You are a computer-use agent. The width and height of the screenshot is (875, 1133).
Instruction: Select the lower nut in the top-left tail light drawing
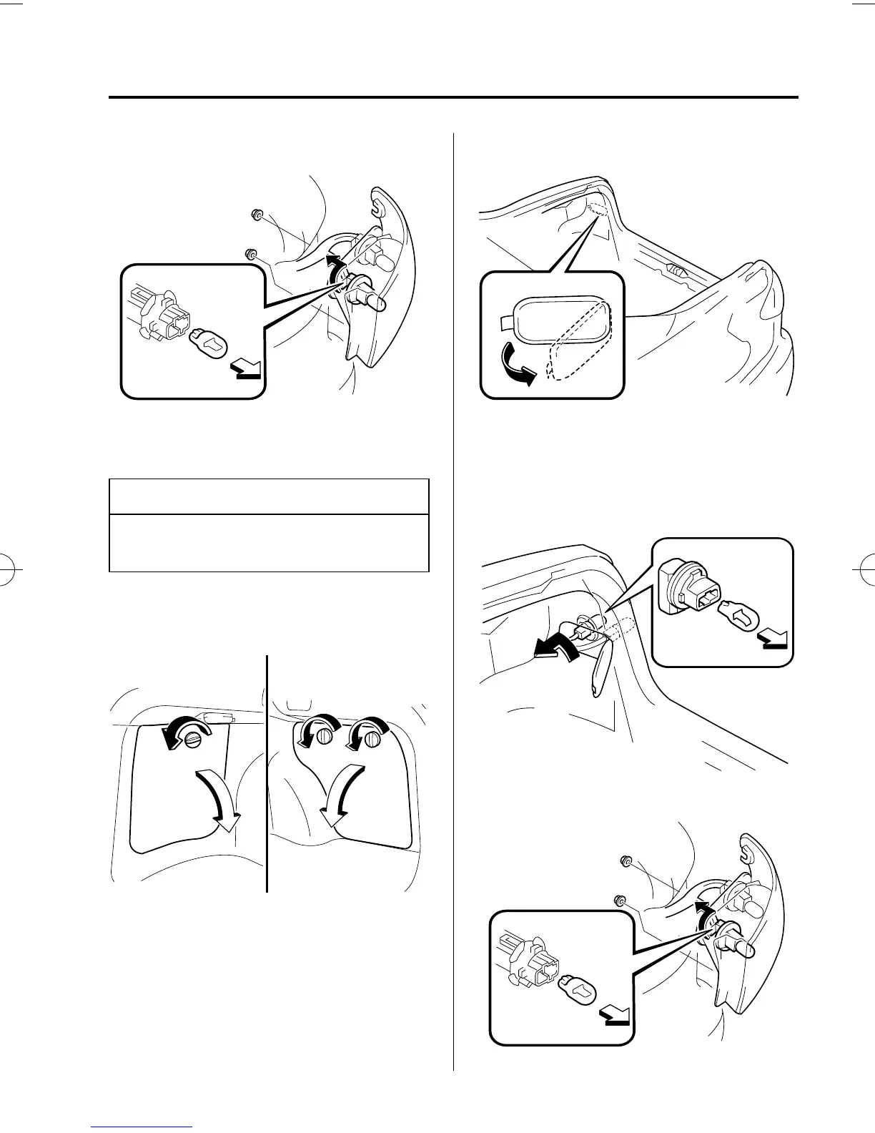point(250,252)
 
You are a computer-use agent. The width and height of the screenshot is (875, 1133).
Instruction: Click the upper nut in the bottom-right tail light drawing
point(624,860)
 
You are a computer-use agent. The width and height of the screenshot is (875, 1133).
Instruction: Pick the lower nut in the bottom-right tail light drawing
point(619,898)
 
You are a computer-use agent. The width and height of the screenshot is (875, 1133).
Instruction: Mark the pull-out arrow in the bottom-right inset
point(614,1016)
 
